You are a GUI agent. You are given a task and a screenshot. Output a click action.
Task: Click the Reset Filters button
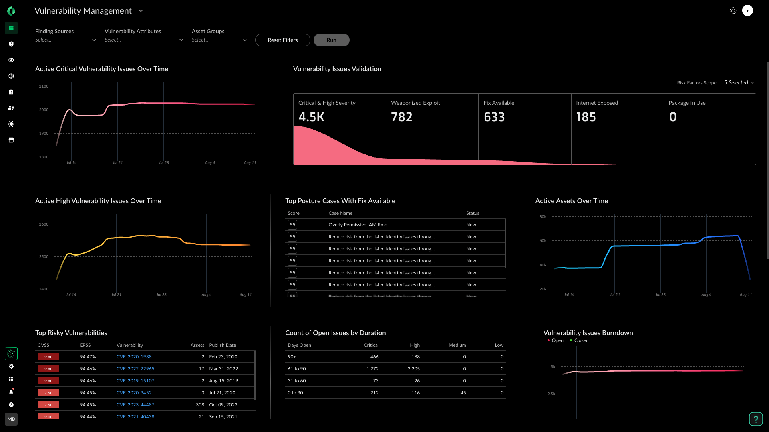click(x=282, y=40)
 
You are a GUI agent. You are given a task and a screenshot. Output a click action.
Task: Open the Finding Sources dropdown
click(x=66, y=40)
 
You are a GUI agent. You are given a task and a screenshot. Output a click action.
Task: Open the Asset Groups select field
click(x=219, y=40)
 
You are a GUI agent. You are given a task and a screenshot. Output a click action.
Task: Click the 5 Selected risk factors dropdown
click(x=739, y=83)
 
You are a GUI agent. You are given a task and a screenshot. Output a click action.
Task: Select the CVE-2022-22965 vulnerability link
click(x=135, y=369)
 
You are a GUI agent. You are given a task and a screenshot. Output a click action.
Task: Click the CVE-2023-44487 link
click(x=135, y=405)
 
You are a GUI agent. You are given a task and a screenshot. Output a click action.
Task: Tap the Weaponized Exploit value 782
click(x=401, y=117)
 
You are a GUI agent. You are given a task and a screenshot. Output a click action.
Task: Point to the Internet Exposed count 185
click(x=586, y=117)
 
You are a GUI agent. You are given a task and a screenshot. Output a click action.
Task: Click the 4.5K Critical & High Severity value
click(x=311, y=117)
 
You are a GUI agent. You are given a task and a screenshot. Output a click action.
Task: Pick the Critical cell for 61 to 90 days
click(x=372, y=369)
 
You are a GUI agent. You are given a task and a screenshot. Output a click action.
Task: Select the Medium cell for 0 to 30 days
click(x=463, y=393)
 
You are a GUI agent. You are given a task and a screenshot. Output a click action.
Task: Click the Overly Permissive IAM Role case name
click(x=358, y=225)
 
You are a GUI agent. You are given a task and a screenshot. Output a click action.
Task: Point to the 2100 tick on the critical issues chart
click(x=44, y=86)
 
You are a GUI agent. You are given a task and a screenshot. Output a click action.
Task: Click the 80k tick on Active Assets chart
click(x=543, y=217)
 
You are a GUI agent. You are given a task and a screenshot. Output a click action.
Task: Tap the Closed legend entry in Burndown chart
click(x=581, y=340)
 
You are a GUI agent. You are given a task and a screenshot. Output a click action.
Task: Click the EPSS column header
click(x=85, y=345)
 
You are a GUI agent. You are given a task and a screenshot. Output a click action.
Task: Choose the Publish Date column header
click(x=222, y=345)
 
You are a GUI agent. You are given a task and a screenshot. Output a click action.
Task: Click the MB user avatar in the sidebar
click(x=11, y=419)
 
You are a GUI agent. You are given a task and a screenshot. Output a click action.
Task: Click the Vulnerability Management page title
click(x=83, y=11)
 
